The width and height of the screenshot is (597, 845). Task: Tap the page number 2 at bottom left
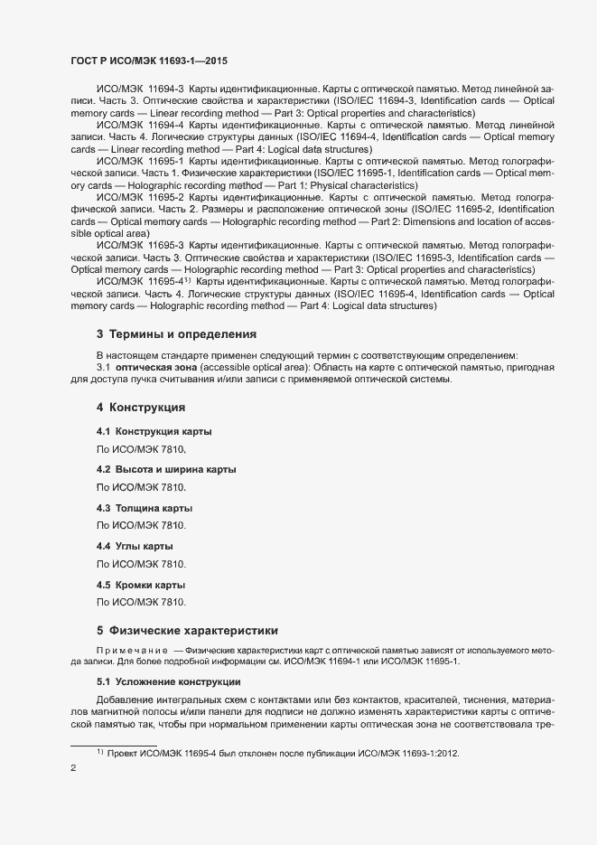[73, 769]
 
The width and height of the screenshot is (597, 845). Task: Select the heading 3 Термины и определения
[176, 334]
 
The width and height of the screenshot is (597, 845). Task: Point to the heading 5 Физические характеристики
[187, 630]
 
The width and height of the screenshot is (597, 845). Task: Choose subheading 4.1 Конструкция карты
[154, 431]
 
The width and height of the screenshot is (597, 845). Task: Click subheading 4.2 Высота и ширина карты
[166, 470]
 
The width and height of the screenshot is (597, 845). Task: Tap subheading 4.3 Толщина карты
[145, 508]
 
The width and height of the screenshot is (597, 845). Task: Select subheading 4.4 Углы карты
[135, 546]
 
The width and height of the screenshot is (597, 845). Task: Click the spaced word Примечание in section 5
[132, 650]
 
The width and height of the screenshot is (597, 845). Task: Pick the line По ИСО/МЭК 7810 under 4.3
[141, 525]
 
